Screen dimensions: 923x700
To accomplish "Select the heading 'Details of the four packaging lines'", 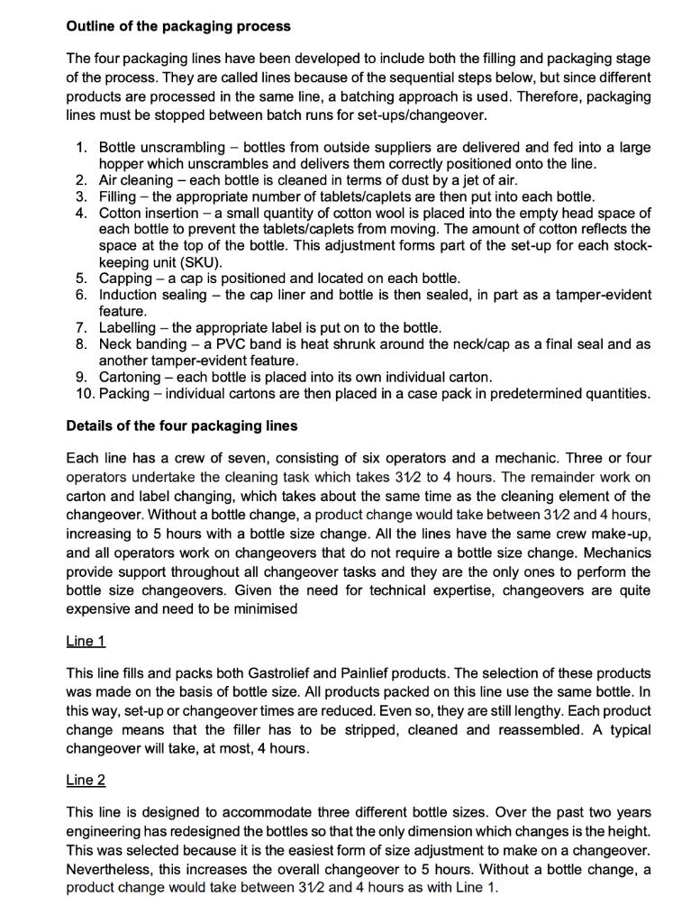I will coord(181,425).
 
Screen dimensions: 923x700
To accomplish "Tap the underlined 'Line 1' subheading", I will coord(86,641).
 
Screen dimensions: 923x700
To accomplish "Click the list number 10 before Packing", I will coord(85,394).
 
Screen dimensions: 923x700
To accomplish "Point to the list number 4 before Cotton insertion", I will coord(81,214).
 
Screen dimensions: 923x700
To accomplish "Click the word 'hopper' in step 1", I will coord(123,164).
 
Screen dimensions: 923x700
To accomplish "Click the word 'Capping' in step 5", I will coord(127,279).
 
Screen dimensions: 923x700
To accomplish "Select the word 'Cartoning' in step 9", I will coord(132,377).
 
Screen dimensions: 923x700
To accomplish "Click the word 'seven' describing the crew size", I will coord(243,459).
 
